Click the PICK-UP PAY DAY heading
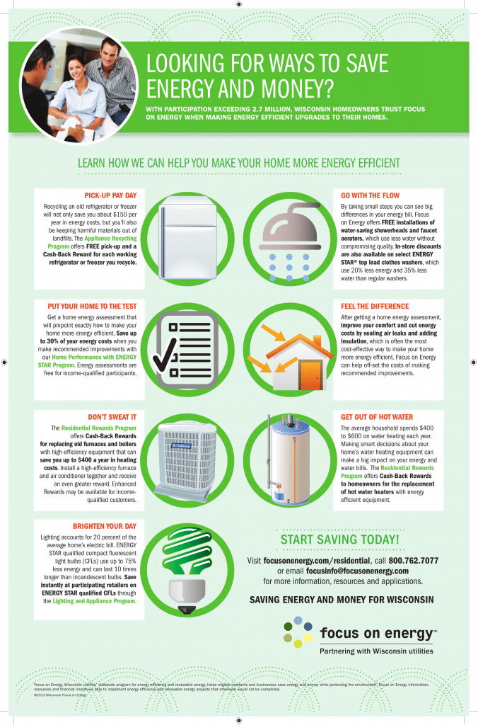point(110,195)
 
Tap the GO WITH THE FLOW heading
point(371,195)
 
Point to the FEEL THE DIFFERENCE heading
point(375,306)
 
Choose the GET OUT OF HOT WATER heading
point(377,417)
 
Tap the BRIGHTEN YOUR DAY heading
point(105,526)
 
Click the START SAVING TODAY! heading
point(340,540)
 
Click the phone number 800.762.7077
point(413,560)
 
